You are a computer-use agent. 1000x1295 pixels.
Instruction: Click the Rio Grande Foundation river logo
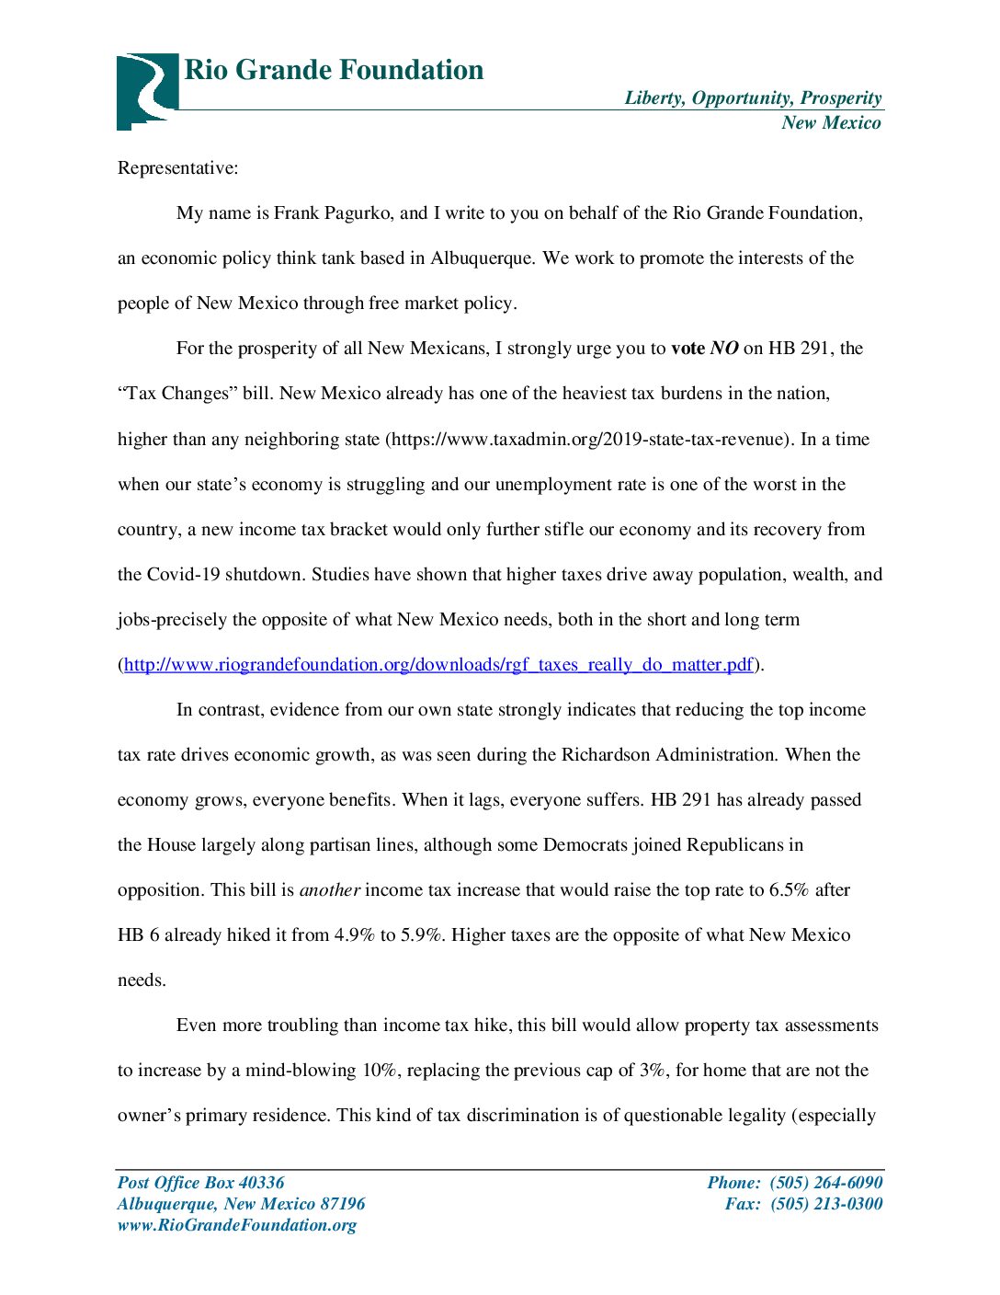tap(146, 90)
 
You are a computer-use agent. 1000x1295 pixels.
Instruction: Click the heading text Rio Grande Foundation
tap(334, 70)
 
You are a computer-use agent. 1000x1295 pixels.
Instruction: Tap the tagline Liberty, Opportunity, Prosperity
tap(753, 98)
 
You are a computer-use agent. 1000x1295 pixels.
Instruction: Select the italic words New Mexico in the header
tap(831, 123)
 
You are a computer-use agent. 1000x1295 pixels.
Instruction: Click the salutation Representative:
tap(177, 168)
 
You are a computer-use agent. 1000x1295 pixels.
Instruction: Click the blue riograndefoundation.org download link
tap(438, 665)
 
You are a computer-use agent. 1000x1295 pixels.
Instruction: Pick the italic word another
tap(330, 890)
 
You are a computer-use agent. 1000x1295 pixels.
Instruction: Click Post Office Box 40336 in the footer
tap(200, 1183)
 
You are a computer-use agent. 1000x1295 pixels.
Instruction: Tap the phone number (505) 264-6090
tap(825, 1183)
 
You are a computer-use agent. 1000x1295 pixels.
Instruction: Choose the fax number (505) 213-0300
tap(825, 1204)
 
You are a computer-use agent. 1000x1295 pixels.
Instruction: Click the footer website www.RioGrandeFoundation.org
tap(236, 1225)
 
